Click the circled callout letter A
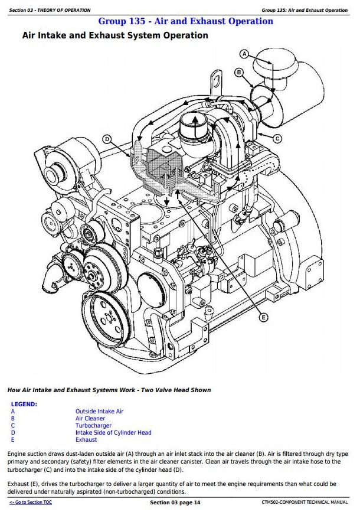tap(244, 54)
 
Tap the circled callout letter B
tap(239, 72)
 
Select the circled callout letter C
tap(277, 138)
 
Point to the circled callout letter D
tap(107, 139)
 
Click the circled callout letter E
tap(263, 318)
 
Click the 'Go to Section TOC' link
tap(30, 502)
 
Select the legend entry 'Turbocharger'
tap(93, 425)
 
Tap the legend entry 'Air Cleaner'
tap(90, 418)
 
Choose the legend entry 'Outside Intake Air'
tap(99, 411)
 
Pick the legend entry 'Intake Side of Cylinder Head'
tap(113, 432)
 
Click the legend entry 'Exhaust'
tap(86, 439)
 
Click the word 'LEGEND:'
tap(24, 404)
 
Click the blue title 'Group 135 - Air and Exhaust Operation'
tap(185, 21)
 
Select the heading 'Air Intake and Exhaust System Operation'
tap(114, 35)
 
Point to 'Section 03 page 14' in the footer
tap(175, 502)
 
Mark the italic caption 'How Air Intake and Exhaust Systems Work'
tap(109, 390)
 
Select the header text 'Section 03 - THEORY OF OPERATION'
tap(50, 10)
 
